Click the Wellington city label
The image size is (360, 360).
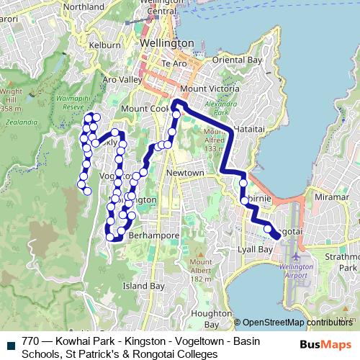pos(167,43)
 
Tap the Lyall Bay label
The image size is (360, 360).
pos(254,249)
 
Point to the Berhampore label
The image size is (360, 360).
pos(149,235)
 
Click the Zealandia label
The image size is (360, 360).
pos(14,122)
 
